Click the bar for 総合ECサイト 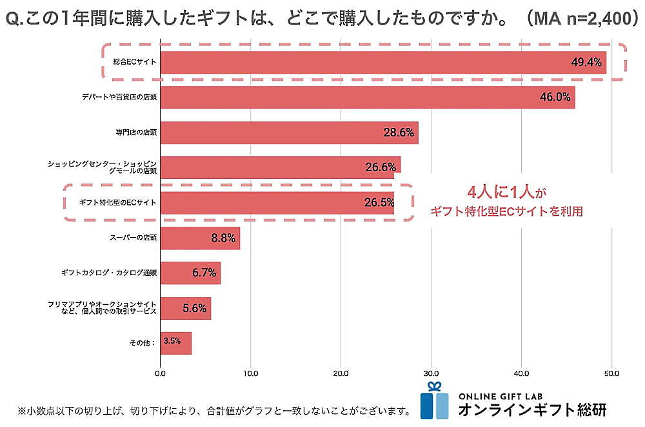pos(383,63)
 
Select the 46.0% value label pos(555,98)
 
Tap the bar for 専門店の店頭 pos(289,132)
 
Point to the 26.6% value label pos(380,167)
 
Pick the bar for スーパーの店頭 pos(200,238)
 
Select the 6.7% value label pos(204,273)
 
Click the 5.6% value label pos(194,308)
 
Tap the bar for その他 pos(176,343)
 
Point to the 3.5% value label pos(172,341)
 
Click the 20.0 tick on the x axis pos(341,373)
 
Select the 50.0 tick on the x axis pos(612,373)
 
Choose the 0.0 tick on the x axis pos(161,373)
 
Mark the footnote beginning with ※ pos(213,411)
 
